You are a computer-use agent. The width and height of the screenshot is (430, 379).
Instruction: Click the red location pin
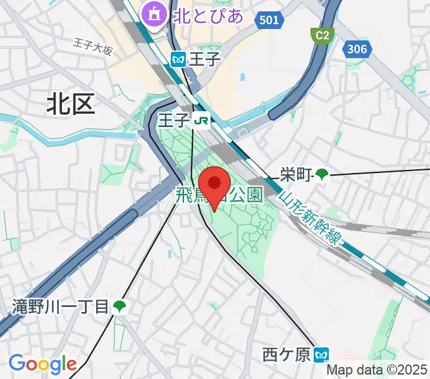tap(215, 185)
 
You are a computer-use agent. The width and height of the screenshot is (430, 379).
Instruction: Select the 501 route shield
tap(269, 20)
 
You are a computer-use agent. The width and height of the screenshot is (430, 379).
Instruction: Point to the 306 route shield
tap(357, 48)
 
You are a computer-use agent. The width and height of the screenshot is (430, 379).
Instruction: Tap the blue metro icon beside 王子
tap(178, 59)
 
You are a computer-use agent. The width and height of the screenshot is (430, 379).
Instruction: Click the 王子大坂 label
tap(92, 48)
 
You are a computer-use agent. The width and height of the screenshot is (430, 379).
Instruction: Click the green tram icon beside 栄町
tap(322, 174)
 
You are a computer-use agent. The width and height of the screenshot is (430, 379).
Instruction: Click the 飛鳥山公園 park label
tap(219, 196)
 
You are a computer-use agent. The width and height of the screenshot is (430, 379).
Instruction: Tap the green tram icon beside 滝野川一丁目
tap(119, 308)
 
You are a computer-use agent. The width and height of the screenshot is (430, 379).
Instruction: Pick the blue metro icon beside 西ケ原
tap(322, 356)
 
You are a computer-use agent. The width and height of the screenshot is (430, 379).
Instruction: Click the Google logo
tap(42, 364)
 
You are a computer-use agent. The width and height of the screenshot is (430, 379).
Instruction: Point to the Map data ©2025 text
tap(378, 371)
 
